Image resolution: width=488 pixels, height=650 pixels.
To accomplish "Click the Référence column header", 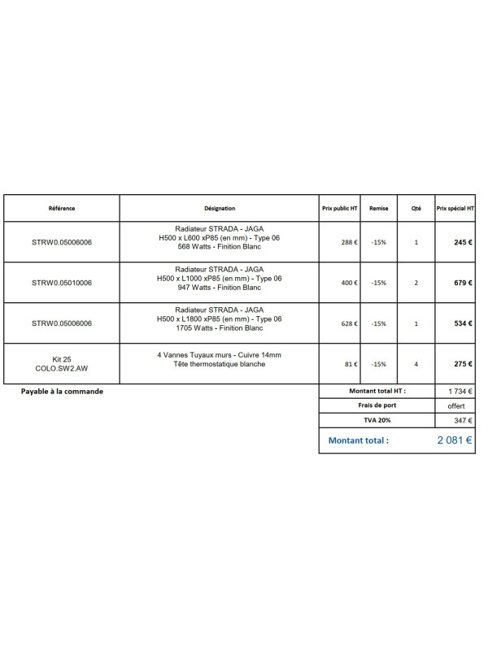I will (62, 208).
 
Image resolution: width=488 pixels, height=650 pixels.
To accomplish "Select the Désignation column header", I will (220, 208).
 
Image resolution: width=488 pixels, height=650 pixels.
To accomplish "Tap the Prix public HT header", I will (339, 208).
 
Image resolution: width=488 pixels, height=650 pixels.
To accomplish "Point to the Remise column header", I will (379, 208).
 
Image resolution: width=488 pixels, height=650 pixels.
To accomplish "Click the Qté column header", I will (416, 208).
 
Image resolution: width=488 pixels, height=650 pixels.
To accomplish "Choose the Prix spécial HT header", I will (455, 208).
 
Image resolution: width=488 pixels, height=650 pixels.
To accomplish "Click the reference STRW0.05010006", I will (62, 283).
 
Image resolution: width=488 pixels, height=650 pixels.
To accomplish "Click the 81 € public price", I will (351, 364).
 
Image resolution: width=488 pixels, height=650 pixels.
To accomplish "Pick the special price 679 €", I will (464, 283).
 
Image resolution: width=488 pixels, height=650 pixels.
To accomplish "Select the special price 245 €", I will (464, 242).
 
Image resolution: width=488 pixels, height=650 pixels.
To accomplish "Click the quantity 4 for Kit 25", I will (416, 364).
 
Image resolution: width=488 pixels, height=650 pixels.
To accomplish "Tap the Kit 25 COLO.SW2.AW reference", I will (62, 364).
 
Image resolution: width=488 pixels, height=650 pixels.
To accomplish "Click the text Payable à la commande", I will (62, 391).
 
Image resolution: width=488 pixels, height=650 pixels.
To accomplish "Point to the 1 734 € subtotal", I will (460, 391).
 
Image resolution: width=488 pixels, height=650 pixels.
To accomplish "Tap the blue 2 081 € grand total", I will (455, 440).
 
